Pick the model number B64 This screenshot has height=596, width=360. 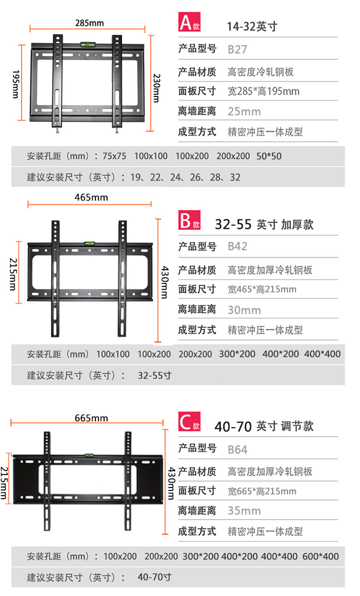point(238,450)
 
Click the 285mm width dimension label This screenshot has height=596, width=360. point(89,23)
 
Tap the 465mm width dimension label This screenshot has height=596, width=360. point(91,197)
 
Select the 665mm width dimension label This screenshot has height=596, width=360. point(91,418)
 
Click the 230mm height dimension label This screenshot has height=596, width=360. point(156,87)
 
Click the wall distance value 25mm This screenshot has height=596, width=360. point(244,112)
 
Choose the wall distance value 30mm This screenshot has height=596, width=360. point(244,310)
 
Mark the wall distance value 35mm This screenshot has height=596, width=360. point(244,510)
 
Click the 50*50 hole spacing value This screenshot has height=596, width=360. point(269,156)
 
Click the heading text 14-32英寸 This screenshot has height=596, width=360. point(252,26)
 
